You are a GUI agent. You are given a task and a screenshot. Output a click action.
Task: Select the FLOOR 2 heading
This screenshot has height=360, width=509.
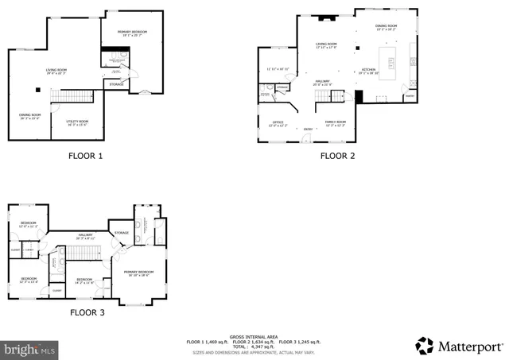(x=337, y=156)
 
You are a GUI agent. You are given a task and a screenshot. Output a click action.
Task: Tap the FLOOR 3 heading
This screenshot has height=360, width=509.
(x=85, y=313)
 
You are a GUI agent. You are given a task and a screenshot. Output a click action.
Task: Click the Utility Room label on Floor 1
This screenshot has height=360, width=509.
(x=77, y=122)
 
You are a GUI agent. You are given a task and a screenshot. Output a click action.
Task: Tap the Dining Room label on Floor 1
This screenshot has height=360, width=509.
(x=31, y=116)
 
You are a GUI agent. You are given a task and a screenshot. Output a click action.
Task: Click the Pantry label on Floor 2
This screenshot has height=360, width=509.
(x=410, y=96)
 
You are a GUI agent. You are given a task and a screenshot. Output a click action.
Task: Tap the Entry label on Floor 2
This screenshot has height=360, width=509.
(x=307, y=129)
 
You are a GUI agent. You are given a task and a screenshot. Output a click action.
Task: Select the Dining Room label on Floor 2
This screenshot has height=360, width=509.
(x=386, y=27)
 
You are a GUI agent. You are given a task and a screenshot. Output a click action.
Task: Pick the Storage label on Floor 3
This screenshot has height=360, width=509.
(x=121, y=233)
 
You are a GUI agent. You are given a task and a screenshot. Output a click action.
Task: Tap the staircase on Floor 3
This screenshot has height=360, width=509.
(x=82, y=252)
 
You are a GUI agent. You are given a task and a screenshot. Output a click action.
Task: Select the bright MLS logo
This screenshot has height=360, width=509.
(x=29, y=348)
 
